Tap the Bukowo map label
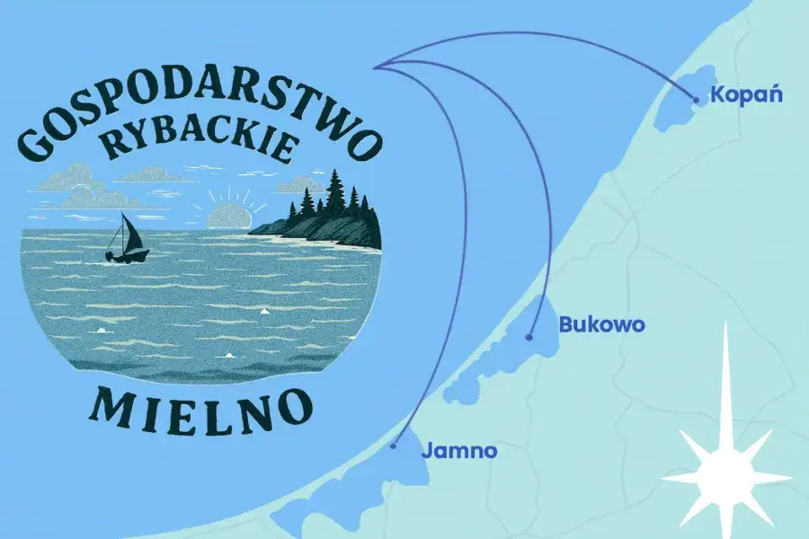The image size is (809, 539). [601, 324]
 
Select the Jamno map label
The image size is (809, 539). [458, 451]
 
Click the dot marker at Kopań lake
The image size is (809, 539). [694, 100]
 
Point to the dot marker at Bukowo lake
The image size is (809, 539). [529, 338]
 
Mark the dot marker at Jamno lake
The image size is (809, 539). [394, 445]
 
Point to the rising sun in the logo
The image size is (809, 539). [230, 216]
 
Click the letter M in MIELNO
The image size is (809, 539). [106, 406]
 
